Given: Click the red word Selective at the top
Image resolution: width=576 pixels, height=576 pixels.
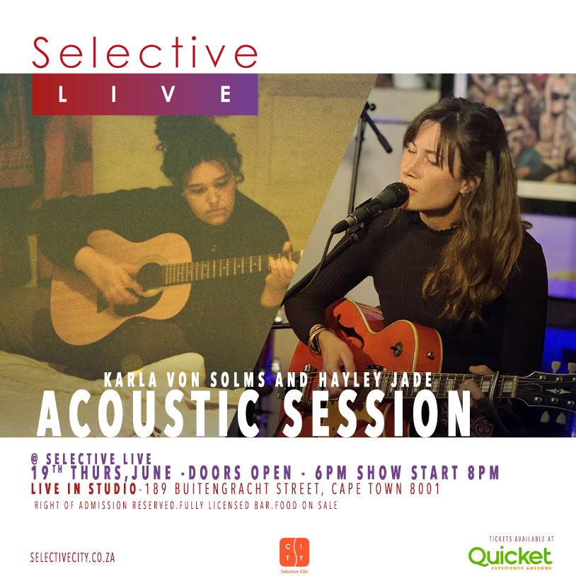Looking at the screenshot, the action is tap(145, 52).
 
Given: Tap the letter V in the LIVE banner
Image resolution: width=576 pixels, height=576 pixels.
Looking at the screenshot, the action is tap(168, 94).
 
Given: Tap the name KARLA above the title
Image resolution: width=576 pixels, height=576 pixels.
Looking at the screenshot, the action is tap(130, 380).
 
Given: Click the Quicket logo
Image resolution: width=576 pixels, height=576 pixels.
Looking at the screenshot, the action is tap(510, 558).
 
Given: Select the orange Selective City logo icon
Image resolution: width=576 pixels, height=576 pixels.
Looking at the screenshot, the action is tap(294, 552).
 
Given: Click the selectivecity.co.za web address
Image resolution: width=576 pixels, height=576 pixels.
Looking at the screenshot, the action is tap(72, 558).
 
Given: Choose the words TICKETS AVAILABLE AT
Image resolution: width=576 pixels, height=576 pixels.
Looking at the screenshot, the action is tap(522, 539).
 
